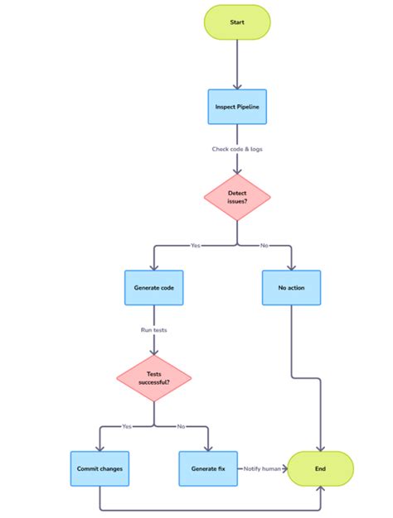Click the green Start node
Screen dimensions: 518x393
click(x=237, y=22)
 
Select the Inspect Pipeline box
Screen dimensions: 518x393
click(x=237, y=107)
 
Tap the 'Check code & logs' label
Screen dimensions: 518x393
click(x=237, y=149)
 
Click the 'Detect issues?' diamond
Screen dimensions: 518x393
click(x=237, y=198)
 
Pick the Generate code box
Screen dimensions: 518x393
click(x=153, y=287)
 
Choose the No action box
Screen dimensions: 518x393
click(x=291, y=287)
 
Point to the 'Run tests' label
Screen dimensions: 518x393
click(x=153, y=329)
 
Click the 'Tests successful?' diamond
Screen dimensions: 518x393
click(x=153, y=378)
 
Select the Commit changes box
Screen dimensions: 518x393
click(x=99, y=468)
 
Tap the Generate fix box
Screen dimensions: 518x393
click(x=208, y=468)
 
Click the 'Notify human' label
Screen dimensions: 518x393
click(x=262, y=468)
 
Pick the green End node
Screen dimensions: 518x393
click(x=320, y=468)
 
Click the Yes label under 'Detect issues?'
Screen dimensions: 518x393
click(x=196, y=246)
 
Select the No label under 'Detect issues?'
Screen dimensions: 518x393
click(x=264, y=246)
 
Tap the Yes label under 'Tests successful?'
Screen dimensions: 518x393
click(x=127, y=426)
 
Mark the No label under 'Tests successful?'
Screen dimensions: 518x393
click(x=181, y=426)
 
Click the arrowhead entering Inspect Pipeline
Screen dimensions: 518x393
click(x=237, y=86)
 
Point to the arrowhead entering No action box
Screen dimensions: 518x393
click(x=291, y=266)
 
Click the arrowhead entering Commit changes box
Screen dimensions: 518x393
click(x=99, y=448)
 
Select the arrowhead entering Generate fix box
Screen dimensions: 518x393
click(x=208, y=448)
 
